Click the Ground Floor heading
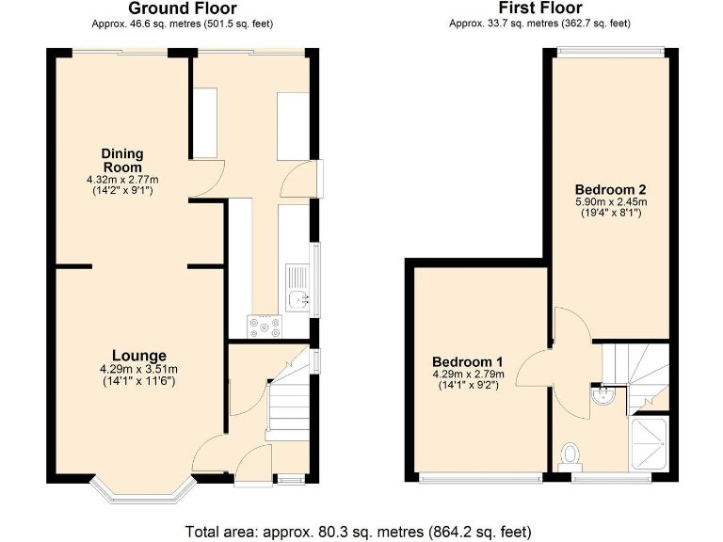[x=181, y=9]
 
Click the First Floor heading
[x=540, y=9]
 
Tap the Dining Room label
[x=122, y=160]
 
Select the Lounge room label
[x=139, y=356]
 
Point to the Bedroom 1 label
[x=468, y=362]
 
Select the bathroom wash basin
[x=602, y=396]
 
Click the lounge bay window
[x=142, y=492]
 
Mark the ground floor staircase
[x=287, y=405]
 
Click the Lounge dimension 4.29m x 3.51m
[x=139, y=369]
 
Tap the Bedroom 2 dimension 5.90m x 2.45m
[x=613, y=201]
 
